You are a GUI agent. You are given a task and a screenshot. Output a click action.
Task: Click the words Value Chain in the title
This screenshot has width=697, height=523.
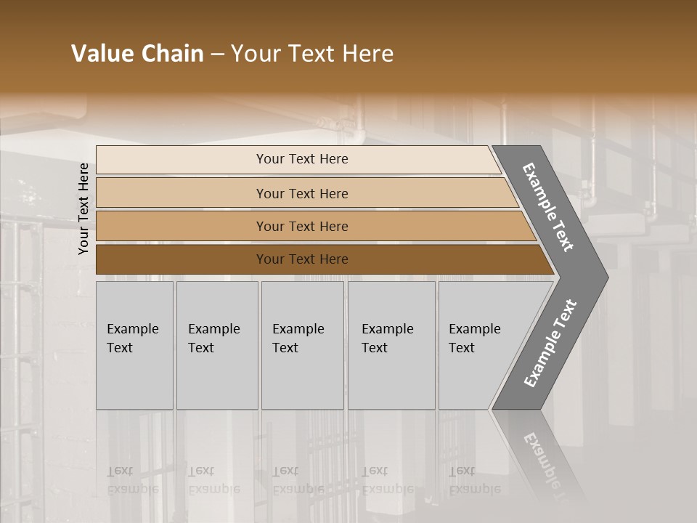click(x=137, y=54)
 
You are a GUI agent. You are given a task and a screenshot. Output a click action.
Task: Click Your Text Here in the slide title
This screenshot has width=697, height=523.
click(x=312, y=54)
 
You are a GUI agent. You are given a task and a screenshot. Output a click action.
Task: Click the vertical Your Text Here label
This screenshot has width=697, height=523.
click(x=83, y=208)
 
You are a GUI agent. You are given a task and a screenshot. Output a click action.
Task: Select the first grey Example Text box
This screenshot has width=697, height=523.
click(x=134, y=345)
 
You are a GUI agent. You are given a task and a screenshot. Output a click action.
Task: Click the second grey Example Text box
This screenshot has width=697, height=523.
click(x=217, y=345)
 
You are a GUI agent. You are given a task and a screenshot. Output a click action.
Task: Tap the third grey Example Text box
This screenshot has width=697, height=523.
click(x=302, y=345)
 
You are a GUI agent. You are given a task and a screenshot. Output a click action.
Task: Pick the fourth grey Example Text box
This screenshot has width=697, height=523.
click(x=391, y=345)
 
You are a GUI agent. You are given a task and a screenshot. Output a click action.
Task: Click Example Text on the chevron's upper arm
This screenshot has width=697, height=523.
click(x=548, y=207)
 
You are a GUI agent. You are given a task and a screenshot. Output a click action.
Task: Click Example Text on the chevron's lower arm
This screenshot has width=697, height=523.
click(x=550, y=343)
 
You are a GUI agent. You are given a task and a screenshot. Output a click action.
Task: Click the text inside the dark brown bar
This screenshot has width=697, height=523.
click(x=302, y=259)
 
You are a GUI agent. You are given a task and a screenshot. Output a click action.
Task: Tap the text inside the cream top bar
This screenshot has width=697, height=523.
click(x=302, y=159)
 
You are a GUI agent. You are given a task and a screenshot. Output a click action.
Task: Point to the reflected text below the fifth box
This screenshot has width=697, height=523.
click(x=474, y=480)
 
